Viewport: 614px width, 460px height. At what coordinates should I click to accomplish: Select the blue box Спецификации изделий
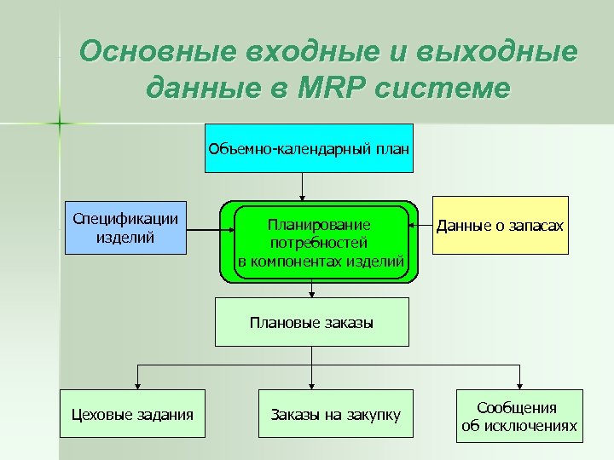click(x=126, y=228)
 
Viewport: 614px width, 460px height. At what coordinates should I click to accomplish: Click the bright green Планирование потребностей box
click(x=320, y=243)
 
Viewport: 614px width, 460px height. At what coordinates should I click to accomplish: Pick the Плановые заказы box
click(x=311, y=323)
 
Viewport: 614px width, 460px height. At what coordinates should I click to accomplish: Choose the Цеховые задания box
click(x=132, y=415)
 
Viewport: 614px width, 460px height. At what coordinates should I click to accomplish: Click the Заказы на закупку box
click(x=335, y=415)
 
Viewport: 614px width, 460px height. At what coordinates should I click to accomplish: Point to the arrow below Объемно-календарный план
click(x=301, y=186)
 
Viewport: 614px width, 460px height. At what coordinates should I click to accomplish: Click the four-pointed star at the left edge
click(x=60, y=124)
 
